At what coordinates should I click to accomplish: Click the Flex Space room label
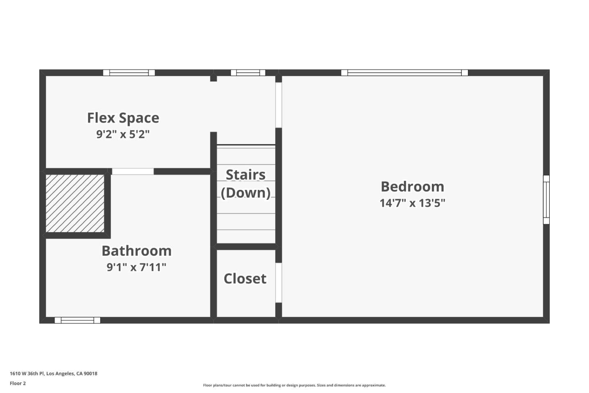pyautogui.click(x=123, y=118)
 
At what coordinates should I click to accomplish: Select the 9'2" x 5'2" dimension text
pyautogui.click(x=123, y=134)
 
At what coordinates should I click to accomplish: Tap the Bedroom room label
pyautogui.click(x=412, y=187)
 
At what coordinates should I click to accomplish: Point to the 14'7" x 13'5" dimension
pyautogui.click(x=412, y=203)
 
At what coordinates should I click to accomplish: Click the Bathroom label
pyautogui.click(x=136, y=251)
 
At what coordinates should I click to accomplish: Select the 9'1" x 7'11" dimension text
pyautogui.click(x=136, y=267)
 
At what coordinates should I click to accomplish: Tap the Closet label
pyautogui.click(x=245, y=279)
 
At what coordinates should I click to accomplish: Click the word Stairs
pyautogui.click(x=245, y=175)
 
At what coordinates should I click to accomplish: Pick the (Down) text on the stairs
pyautogui.click(x=245, y=193)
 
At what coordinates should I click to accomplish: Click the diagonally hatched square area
pyautogui.click(x=75, y=203)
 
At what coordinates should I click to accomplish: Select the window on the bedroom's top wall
pyautogui.click(x=405, y=73)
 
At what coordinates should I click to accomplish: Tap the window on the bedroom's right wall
pyautogui.click(x=546, y=200)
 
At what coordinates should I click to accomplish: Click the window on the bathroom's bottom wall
pyautogui.click(x=77, y=320)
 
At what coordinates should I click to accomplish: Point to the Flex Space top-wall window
pyautogui.click(x=129, y=73)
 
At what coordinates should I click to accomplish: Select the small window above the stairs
pyautogui.click(x=248, y=73)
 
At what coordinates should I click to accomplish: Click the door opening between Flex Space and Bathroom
pyautogui.click(x=133, y=172)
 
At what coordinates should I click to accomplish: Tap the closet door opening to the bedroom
pyautogui.click(x=279, y=282)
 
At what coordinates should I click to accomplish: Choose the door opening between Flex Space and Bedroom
pyautogui.click(x=279, y=105)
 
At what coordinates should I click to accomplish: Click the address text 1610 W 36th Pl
pyautogui.click(x=54, y=373)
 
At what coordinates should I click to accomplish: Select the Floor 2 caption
pyautogui.click(x=18, y=384)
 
